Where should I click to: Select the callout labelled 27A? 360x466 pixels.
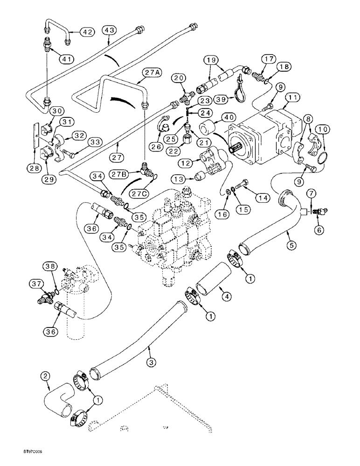152,72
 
